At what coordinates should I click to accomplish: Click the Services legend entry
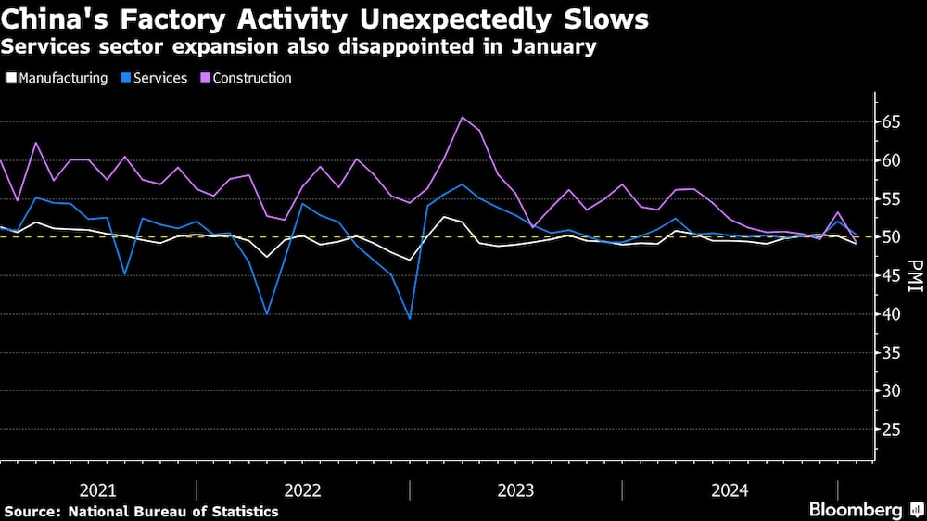(x=160, y=78)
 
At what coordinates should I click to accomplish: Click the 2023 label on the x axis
(x=515, y=489)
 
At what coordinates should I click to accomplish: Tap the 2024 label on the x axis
(x=729, y=489)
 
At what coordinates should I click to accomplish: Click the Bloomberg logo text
(x=856, y=510)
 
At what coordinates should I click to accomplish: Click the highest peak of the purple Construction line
(x=462, y=117)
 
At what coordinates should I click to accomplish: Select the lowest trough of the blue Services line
(x=409, y=319)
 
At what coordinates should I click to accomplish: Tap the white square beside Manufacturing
(x=10, y=78)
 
